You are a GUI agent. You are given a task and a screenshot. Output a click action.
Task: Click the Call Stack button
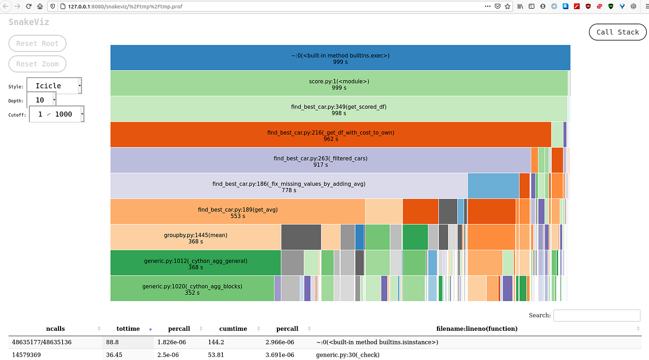pyautogui.click(x=618, y=32)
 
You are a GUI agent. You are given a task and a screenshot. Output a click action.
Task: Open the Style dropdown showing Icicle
pyautogui.click(x=54, y=85)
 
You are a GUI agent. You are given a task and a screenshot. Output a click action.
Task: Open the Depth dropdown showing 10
pyautogui.click(x=41, y=100)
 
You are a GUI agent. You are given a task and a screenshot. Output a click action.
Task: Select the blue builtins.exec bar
pyautogui.click(x=340, y=58)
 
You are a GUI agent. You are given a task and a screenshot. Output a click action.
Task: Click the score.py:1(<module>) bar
pyautogui.click(x=339, y=84)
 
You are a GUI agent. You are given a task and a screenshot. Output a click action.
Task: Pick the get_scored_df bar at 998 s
pyautogui.click(x=339, y=109)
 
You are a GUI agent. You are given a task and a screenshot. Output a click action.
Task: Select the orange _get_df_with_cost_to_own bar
pyautogui.click(x=330, y=135)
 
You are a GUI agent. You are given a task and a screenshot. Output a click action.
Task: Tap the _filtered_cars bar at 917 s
pyautogui.click(x=320, y=161)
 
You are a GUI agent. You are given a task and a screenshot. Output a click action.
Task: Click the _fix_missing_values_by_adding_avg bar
pyautogui.click(x=289, y=186)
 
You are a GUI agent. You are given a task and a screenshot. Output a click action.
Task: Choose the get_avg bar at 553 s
pyautogui.click(x=237, y=212)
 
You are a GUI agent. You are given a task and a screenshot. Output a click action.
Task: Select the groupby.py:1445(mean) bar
pyautogui.click(x=195, y=238)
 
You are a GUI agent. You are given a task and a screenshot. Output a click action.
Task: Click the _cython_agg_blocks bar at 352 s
pyautogui.click(x=192, y=289)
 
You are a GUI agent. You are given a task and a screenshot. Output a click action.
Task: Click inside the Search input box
pyautogui.click(x=597, y=315)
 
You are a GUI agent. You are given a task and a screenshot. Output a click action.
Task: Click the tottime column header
pyautogui.click(x=128, y=329)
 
